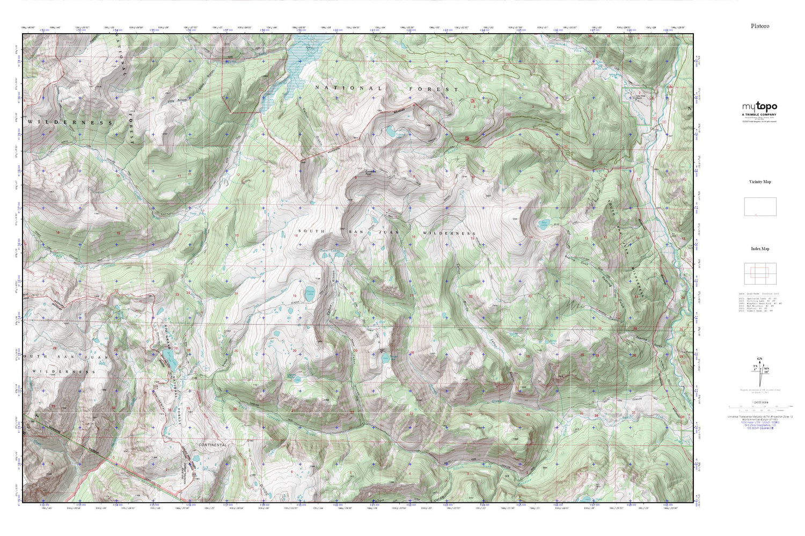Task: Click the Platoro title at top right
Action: tap(759, 26)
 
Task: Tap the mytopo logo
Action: tap(759, 107)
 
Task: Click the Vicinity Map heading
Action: tap(759, 182)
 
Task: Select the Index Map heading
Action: tap(759, 249)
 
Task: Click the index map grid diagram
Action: tap(759, 274)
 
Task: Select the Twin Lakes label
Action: tap(330, 250)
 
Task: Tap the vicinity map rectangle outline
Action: tap(759, 207)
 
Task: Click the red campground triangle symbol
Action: tap(671, 86)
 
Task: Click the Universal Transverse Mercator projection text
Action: tap(759, 416)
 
